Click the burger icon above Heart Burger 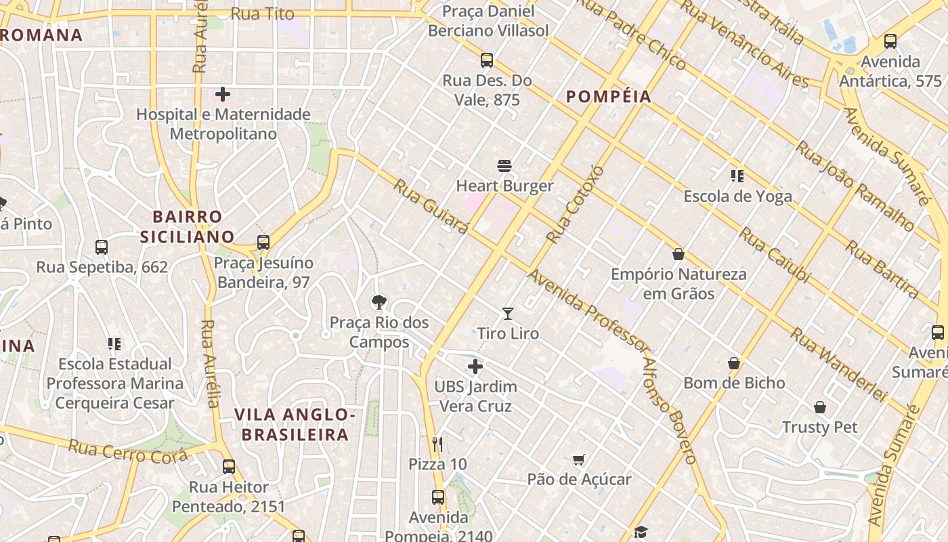pyautogui.click(x=504, y=165)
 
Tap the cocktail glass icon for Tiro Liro pyautogui.click(x=508, y=313)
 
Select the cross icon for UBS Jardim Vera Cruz pyautogui.click(x=475, y=367)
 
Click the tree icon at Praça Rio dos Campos pyautogui.click(x=379, y=301)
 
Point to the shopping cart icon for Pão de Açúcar pyautogui.click(x=578, y=460)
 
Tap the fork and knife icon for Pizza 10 pyautogui.click(x=437, y=444)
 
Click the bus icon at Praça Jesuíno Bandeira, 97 pyautogui.click(x=263, y=243)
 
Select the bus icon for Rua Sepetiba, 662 pyautogui.click(x=102, y=247)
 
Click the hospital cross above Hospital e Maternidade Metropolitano pyautogui.click(x=223, y=94)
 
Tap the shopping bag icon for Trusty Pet pyautogui.click(x=820, y=407)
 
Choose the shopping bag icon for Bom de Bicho pyautogui.click(x=734, y=363)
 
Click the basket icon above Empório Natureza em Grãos pyautogui.click(x=678, y=254)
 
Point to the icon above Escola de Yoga pyautogui.click(x=737, y=176)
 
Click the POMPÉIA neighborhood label pyautogui.click(x=609, y=97)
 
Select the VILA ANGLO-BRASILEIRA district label pyautogui.click(x=295, y=424)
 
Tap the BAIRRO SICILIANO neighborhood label pyautogui.click(x=188, y=226)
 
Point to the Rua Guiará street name pyautogui.click(x=431, y=207)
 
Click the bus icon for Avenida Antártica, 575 pyautogui.click(x=890, y=41)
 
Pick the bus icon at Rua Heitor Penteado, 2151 pyautogui.click(x=229, y=467)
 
